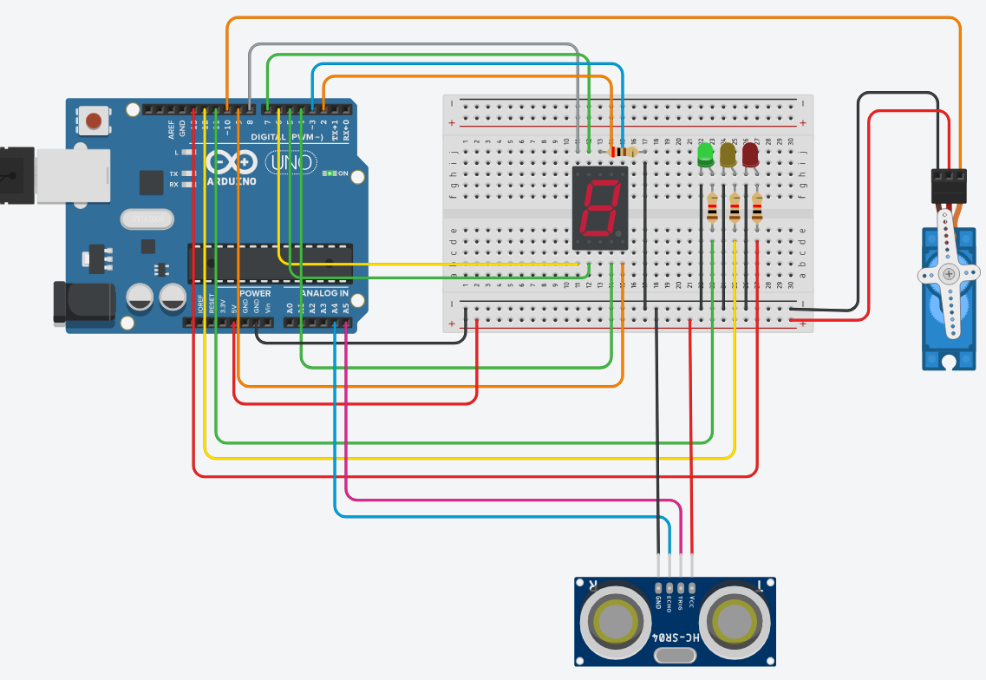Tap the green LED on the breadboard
point(705,155)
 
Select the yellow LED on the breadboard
point(728,155)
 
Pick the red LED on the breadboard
point(750,155)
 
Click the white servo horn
point(950,275)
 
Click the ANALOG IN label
point(324,294)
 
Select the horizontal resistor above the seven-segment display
point(622,152)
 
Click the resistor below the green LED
point(712,209)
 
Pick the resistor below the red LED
point(757,209)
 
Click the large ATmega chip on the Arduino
point(271,263)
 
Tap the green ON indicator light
point(329,173)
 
